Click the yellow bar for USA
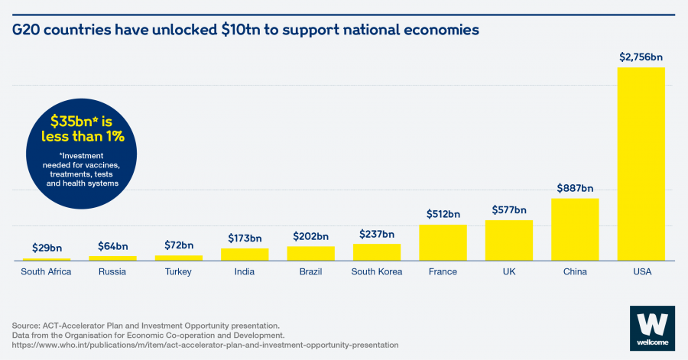641,164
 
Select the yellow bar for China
575,229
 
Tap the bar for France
443,242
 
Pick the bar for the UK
508,240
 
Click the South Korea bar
376,252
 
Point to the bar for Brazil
310,253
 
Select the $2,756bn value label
641,57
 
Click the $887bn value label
575,188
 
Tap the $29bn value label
47,248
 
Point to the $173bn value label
245,238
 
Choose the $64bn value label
112,245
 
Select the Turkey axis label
178,272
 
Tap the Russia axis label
112,272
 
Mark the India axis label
245,272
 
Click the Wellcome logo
651,329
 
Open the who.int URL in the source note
206,345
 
